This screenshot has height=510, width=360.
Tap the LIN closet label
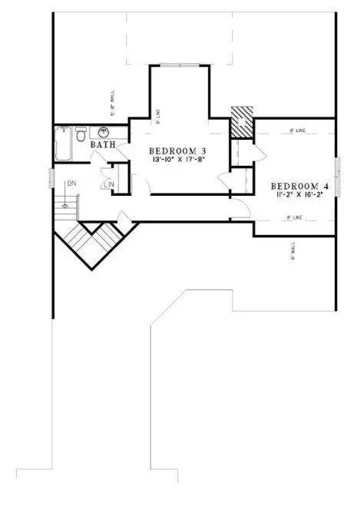[109, 184]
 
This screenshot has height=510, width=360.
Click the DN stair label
[71, 184]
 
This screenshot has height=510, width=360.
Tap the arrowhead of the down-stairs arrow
[66, 205]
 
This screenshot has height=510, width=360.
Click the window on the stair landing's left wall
[51, 180]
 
